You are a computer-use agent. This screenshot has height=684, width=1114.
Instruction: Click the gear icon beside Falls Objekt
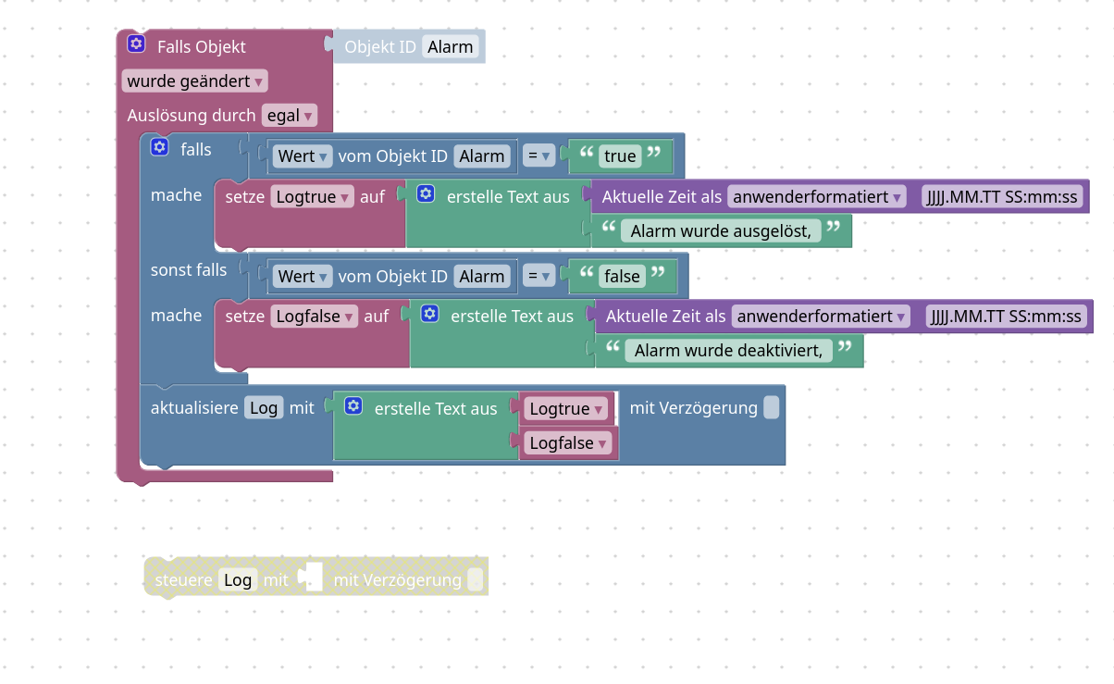click(136, 44)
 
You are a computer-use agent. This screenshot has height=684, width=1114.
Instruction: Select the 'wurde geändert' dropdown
click(195, 81)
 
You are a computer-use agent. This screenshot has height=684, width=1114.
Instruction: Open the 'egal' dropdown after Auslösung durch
click(290, 116)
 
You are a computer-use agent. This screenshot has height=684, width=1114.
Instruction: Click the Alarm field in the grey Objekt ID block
click(451, 47)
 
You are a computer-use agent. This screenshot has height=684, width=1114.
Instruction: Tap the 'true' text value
click(620, 156)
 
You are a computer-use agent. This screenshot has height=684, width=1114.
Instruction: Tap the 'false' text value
click(622, 276)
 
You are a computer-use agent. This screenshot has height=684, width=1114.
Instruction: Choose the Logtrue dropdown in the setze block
click(312, 197)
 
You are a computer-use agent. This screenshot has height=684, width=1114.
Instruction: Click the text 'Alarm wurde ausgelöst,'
click(721, 231)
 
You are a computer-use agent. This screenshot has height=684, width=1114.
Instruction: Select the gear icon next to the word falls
click(160, 148)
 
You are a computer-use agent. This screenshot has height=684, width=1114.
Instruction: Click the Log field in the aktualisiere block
click(264, 408)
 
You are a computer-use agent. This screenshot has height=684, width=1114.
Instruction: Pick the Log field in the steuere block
click(238, 580)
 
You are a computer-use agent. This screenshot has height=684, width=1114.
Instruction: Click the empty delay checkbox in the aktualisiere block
click(771, 408)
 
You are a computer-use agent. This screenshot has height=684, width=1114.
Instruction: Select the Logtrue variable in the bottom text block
click(566, 409)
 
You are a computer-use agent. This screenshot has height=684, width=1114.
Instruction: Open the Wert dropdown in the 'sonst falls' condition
click(303, 276)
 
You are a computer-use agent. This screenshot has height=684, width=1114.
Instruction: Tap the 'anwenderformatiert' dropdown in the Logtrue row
click(817, 197)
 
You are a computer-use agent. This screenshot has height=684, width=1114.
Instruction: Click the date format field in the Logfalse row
click(1004, 317)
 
